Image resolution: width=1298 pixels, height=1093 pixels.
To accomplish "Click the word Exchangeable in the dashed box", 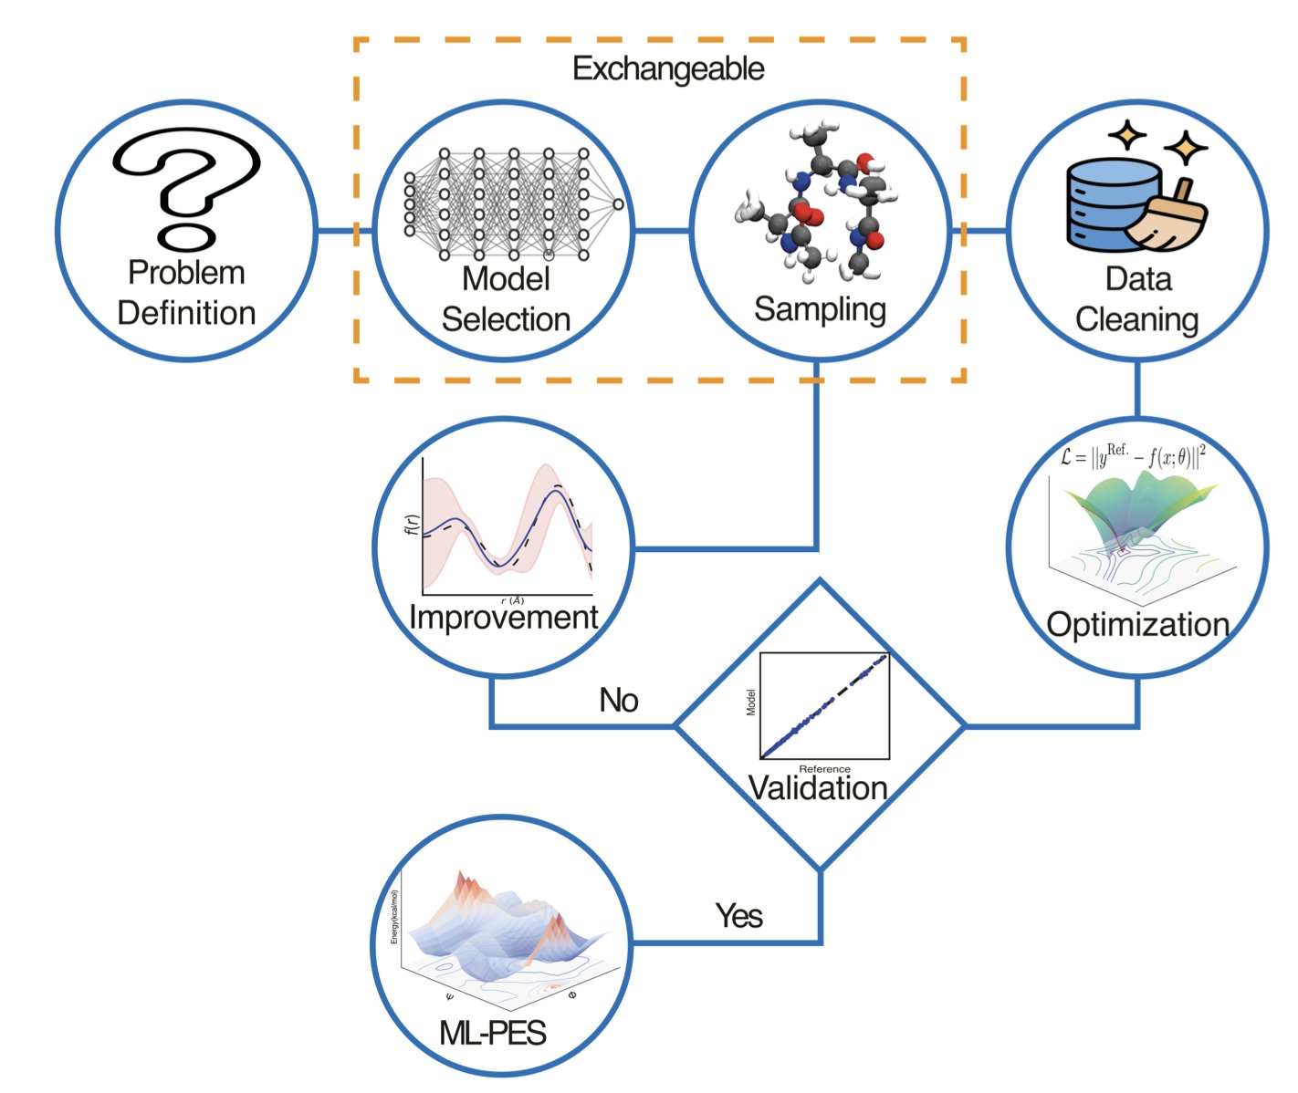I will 668,69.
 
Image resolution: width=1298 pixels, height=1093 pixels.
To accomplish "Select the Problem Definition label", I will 187,293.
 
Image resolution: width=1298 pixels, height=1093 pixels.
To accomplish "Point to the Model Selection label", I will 506,299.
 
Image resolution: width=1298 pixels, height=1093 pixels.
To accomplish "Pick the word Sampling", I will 820,309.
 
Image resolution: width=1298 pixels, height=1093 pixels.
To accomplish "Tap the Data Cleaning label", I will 1137,299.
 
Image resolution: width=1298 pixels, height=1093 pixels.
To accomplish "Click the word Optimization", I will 1137,625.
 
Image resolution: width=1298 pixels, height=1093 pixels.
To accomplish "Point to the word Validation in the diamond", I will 818,788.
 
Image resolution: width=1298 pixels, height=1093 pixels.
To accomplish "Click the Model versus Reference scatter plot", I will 824,705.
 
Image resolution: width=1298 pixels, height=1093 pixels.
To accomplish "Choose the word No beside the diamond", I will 619,700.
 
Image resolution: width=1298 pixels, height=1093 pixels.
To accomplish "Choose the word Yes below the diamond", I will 738,915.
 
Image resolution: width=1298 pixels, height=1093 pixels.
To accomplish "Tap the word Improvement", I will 503,618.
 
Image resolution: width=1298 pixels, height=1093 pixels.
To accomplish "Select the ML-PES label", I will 493,1033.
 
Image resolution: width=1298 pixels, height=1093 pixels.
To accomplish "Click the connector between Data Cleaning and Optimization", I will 1137,390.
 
